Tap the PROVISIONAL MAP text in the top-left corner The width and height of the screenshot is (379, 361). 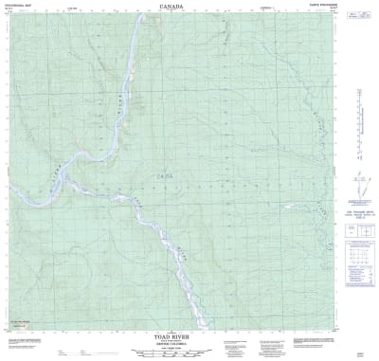20,6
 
